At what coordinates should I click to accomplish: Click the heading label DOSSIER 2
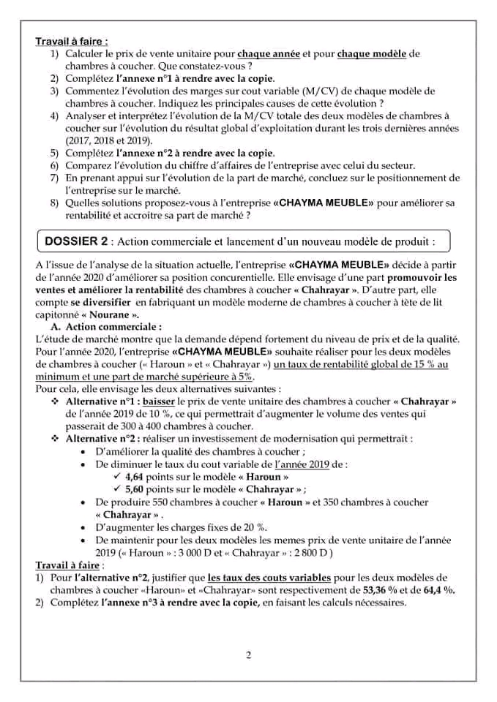(x=77, y=241)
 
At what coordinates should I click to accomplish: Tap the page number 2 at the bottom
(x=249, y=654)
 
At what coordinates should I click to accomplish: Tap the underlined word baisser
(x=160, y=401)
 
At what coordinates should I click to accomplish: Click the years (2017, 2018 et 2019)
(x=111, y=140)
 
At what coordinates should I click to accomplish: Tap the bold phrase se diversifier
(x=100, y=301)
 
